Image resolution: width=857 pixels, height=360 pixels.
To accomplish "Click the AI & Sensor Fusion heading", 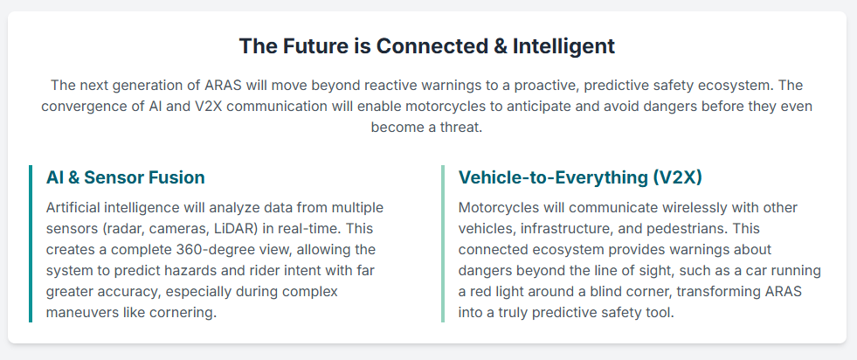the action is tap(126, 177).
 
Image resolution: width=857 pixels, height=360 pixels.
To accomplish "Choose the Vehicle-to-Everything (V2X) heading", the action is tap(580, 177).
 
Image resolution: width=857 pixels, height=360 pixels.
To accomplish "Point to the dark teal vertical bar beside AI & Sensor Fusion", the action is tap(31, 244).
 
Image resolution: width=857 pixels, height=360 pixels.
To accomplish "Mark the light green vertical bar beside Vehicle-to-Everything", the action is tap(443, 244).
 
